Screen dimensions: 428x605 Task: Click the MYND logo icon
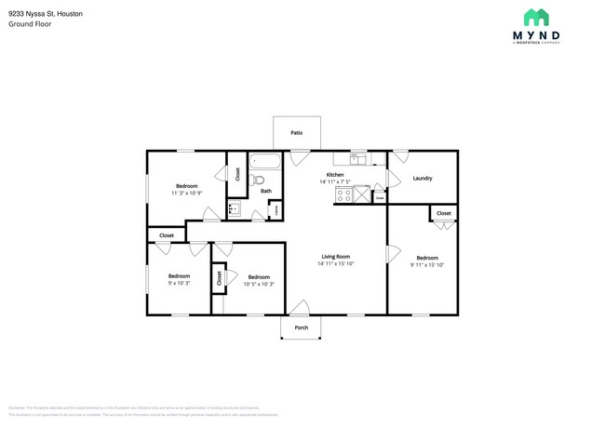pyautogui.click(x=535, y=17)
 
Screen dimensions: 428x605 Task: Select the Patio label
pyautogui.click(x=297, y=133)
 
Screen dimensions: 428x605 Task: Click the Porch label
pyautogui.click(x=301, y=328)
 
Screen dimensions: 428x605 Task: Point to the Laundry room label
pyautogui.click(x=422, y=178)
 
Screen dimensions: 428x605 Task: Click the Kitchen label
pyautogui.click(x=335, y=175)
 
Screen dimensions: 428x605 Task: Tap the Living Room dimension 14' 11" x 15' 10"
pyautogui.click(x=335, y=263)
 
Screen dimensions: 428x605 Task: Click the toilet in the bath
pyautogui.click(x=260, y=180)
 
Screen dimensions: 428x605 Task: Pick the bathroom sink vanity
pyautogui.click(x=235, y=210)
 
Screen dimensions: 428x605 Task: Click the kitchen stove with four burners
pyautogui.click(x=342, y=195)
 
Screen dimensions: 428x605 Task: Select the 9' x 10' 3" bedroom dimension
pyautogui.click(x=179, y=283)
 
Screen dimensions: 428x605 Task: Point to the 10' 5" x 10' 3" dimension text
pyautogui.click(x=258, y=284)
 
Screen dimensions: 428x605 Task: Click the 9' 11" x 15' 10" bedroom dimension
pyautogui.click(x=427, y=264)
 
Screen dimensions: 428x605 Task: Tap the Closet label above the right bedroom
pyautogui.click(x=444, y=213)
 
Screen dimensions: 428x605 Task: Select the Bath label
pyautogui.click(x=265, y=192)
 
